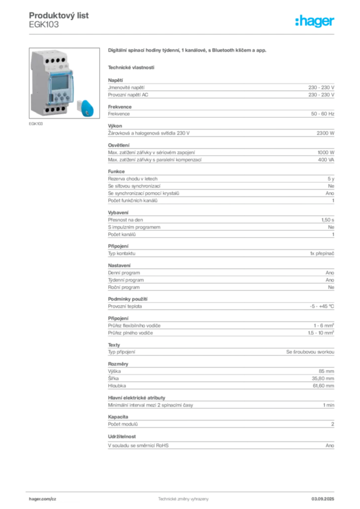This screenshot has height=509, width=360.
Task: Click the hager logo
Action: tap(314, 21)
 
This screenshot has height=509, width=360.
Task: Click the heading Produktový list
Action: tap(59, 15)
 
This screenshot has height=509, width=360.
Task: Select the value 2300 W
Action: tap(325, 133)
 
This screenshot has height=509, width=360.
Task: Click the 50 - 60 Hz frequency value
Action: tap(322, 114)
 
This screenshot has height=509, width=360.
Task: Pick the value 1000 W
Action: tap(326, 152)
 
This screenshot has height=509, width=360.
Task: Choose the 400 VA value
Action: tap(326, 160)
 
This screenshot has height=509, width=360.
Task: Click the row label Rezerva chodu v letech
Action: tap(133, 179)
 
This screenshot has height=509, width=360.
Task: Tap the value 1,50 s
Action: tap(328, 220)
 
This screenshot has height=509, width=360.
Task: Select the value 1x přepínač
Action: tap(322, 254)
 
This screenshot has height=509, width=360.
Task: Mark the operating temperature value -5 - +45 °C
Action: tap(322, 306)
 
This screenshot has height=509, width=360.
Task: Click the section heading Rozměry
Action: tap(118, 364)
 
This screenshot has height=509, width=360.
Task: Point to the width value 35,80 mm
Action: tap(323, 378)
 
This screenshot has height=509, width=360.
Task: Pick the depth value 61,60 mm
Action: tap(323, 386)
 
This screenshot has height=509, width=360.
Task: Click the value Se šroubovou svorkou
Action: tap(310, 352)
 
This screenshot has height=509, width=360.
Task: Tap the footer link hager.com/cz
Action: tap(43, 499)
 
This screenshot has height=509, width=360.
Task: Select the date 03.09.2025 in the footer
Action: tap(323, 499)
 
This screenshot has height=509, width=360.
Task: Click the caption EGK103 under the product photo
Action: tap(36, 124)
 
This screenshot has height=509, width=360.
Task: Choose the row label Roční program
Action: tap(124, 287)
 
